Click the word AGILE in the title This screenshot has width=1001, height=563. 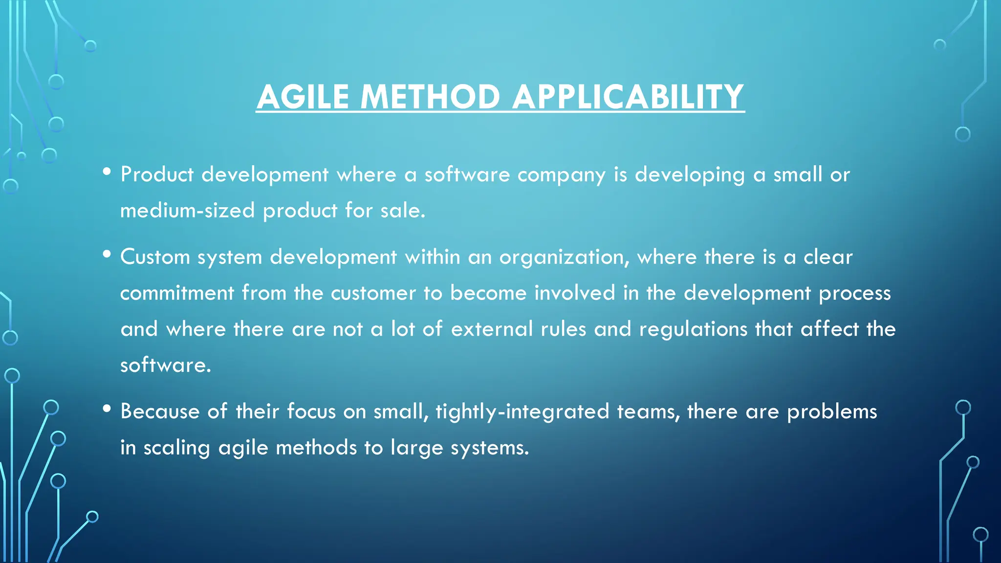[303, 97]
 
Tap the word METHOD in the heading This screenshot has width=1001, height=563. [430, 97]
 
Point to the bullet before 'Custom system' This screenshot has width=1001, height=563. [107, 254]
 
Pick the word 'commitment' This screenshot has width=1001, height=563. [177, 293]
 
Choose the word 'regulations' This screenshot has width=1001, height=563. [693, 329]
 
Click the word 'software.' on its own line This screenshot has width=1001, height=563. [166, 365]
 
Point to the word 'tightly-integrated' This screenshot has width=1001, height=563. [522, 412]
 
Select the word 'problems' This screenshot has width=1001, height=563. [831, 412]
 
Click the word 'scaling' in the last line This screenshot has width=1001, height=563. [176, 448]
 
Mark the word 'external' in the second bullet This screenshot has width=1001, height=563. [492, 329]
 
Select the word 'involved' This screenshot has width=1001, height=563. [574, 293]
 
